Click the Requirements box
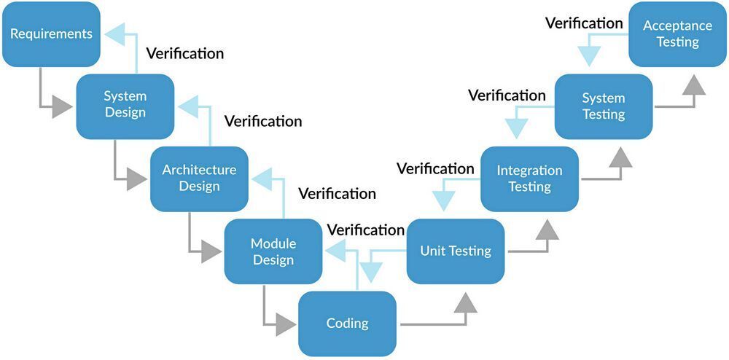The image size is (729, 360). point(51,34)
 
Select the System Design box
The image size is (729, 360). point(125,105)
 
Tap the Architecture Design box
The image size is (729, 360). point(199,178)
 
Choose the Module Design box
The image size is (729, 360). point(273,251)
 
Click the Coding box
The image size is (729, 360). point(347,324)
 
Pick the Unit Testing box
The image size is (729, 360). point(455,251)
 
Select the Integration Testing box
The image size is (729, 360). point(529,179)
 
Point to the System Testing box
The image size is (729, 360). point(603,106)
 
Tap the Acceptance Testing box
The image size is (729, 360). point(677,34)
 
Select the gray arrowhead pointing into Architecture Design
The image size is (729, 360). point(137,179)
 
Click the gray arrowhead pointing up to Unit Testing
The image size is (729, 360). point(464,300)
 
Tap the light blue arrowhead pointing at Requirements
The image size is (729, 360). point(115,33)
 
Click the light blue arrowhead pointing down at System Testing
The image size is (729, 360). point(589,55)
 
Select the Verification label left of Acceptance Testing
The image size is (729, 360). point(584,23)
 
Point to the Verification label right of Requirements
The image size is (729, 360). point(185,53)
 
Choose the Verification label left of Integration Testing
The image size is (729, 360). point(435,169)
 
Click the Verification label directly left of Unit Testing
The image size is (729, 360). point(365,230)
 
